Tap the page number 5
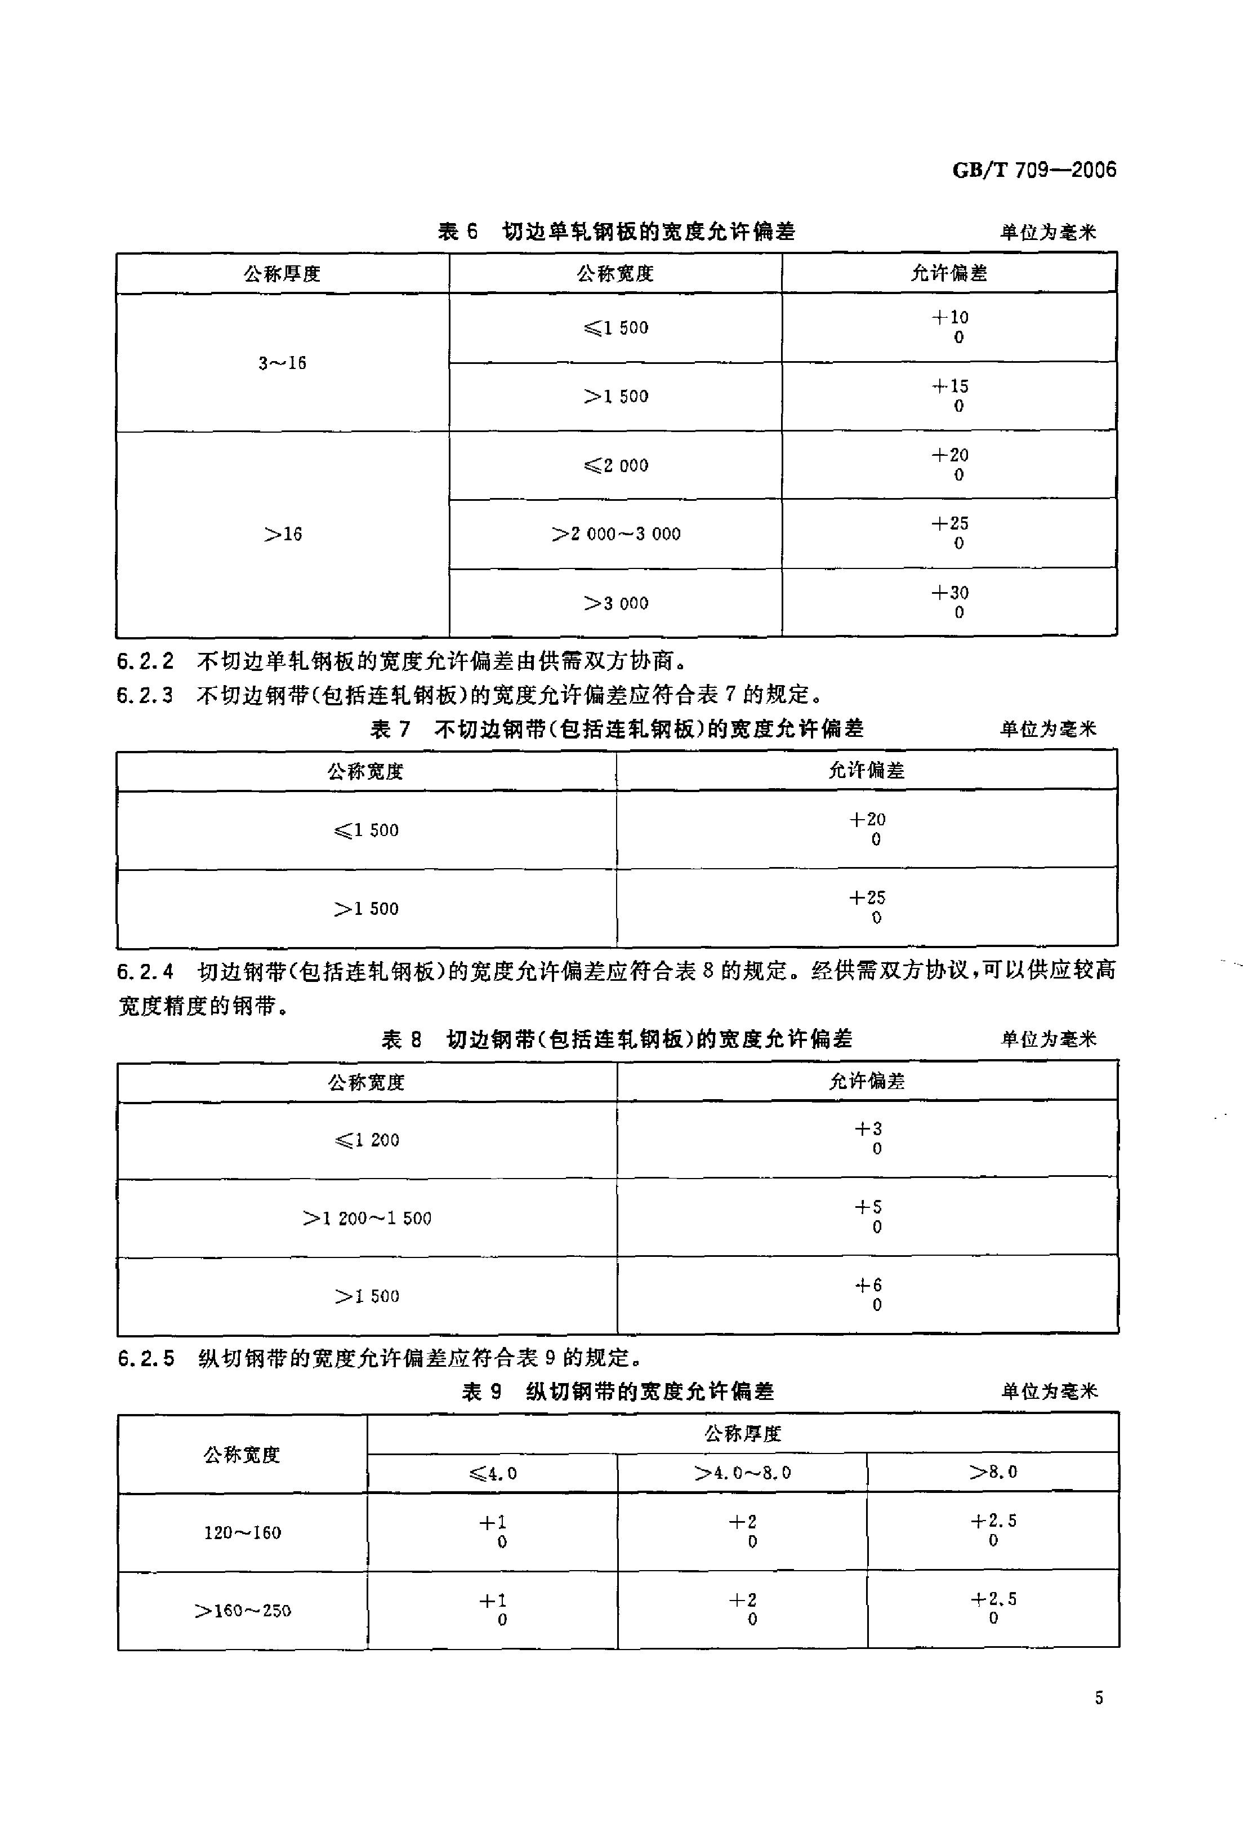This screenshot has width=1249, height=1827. click(x=1098, y=1698)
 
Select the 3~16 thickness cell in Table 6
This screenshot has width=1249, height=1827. click(x=282, y=363)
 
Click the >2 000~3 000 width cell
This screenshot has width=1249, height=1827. click(x=615, y=535)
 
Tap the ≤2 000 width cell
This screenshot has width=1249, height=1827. click(x=615, y=465)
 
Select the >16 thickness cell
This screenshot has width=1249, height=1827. click(x=282, y=535)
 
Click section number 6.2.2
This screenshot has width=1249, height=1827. click(x=145, y=662)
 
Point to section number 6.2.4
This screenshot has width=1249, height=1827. click(x=145, y=972)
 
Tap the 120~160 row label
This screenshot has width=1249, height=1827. click(x=242, y=1532)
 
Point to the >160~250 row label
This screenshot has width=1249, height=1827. click(x=242, y=1611)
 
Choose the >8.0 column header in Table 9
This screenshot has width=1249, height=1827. click(x=993, y=1472)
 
